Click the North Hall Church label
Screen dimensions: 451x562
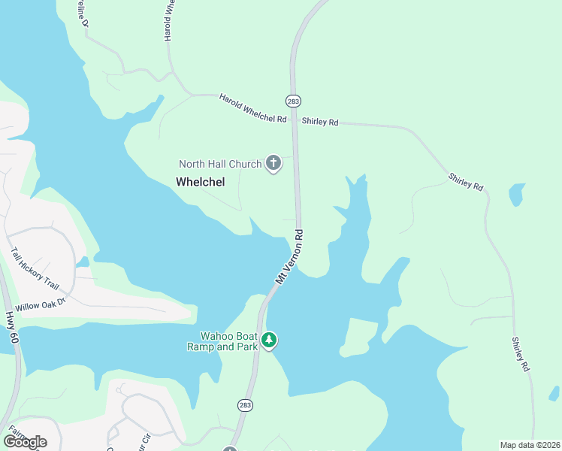(219, 164)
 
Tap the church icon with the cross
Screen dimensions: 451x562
(273, 163)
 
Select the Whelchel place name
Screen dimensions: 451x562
(201, 181)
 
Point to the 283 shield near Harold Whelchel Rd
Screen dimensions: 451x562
(293, 100)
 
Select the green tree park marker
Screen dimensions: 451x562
(269, 341)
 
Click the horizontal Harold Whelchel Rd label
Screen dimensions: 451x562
(253, 109)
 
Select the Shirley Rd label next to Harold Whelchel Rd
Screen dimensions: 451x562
(320, 121)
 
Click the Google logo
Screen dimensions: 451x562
(25, 441)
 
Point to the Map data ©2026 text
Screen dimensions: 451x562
(530, 445)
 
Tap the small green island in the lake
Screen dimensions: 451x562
(359, 335)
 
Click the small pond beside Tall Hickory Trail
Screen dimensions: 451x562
(82, 262)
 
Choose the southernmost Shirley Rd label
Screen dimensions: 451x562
(521, 354)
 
